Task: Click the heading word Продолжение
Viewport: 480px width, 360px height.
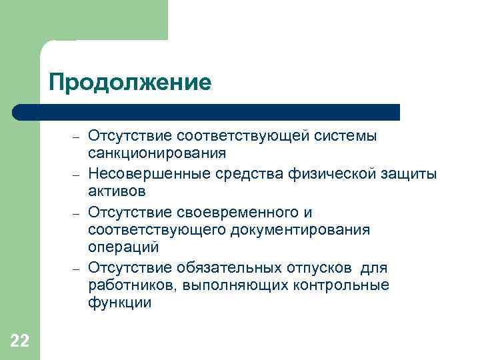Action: (130, 83)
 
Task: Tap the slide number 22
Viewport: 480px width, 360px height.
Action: (20, 341)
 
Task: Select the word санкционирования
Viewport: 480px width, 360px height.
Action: (157, 153)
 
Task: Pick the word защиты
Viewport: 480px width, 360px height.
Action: (413, 175)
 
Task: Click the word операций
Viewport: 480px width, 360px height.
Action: (123, 247)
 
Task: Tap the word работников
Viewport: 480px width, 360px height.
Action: (126, 285)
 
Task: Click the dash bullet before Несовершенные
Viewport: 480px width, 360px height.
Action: (76, 175)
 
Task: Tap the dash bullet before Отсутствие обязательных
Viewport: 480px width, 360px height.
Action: (76, 268)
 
